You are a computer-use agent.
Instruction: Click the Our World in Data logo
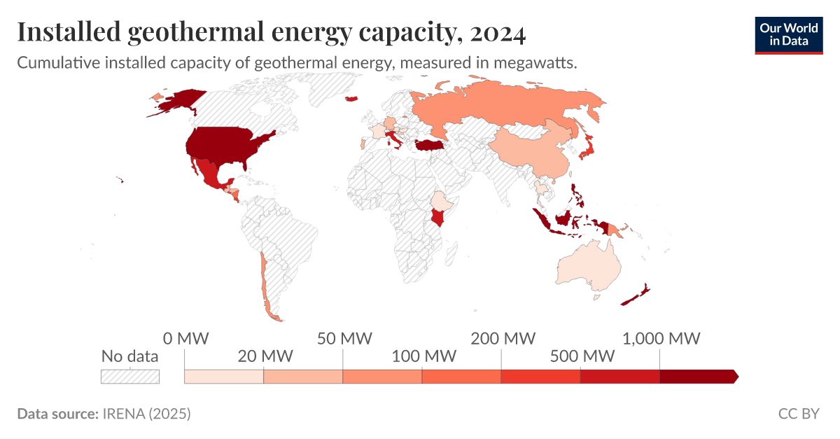(788, 34)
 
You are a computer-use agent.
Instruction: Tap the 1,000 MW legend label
(661, 339)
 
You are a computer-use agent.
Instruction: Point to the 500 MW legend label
(581, 356)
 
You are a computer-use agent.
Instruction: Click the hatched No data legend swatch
(130, 377)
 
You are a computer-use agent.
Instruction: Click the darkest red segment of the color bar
(696, 377)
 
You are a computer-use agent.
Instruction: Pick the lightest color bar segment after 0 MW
(224, 377)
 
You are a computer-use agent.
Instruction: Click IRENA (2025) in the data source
(146, 414)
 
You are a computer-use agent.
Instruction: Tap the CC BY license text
(798, 414)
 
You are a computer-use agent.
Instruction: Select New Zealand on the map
(633, 297)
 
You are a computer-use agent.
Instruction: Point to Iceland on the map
(352, 99)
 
